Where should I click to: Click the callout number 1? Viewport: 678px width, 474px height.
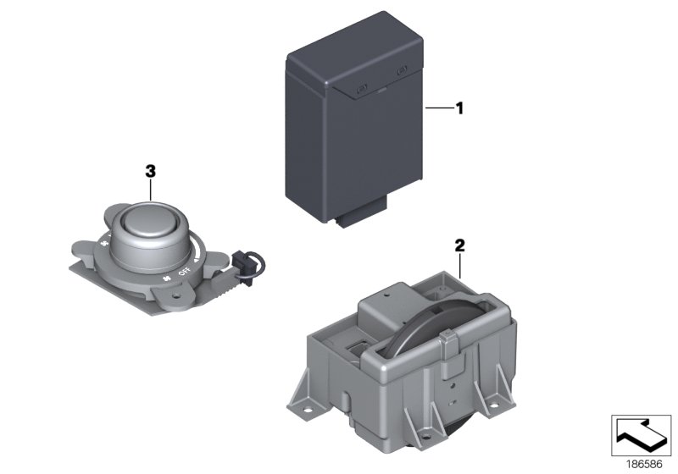tap(459, 108)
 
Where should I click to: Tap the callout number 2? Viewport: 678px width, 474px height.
tap(459, 245)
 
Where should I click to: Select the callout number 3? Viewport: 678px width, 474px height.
tap(150, 170)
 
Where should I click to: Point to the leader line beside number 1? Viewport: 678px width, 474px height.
tap(438, 108)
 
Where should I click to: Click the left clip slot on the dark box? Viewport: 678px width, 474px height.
tap(362, 89)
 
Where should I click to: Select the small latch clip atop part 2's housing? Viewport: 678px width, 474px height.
tap(449, 343)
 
